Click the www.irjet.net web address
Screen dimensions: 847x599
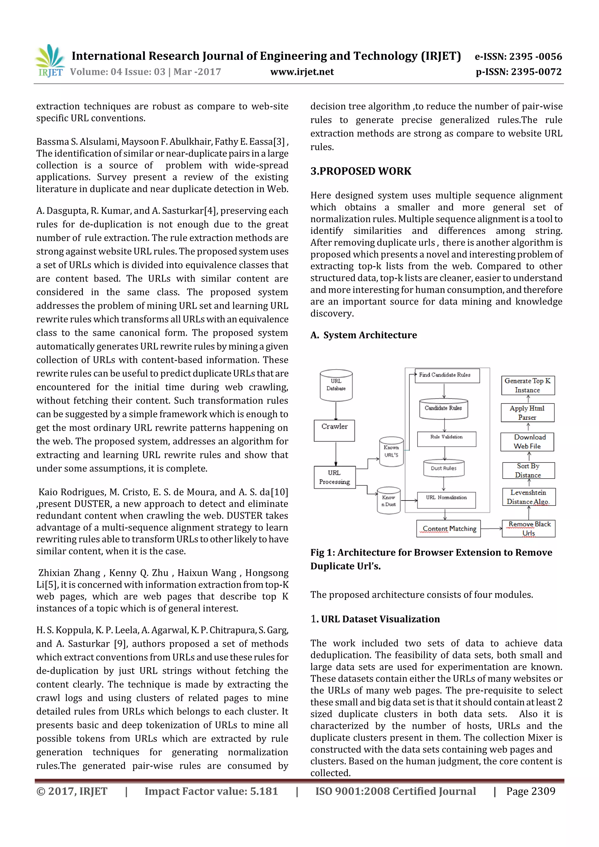coord(302,72)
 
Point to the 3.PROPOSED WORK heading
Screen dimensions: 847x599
coord(361,171)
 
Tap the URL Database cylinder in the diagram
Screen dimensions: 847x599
coord(336,385)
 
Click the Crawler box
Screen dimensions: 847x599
coord(334,430)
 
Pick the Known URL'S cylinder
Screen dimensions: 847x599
coord(391,451)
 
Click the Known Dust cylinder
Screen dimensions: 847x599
coord(389,501)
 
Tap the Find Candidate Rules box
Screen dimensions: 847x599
coord(447,375)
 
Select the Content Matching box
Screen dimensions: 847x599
coord(448,529)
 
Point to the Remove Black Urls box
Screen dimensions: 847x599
coord(529,528)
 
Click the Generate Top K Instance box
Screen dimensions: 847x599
coord(528,385)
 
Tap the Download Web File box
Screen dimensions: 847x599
coord(527,441)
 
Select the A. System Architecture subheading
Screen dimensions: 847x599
coord(364,335)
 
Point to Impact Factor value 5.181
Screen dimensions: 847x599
coord(211,791)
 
